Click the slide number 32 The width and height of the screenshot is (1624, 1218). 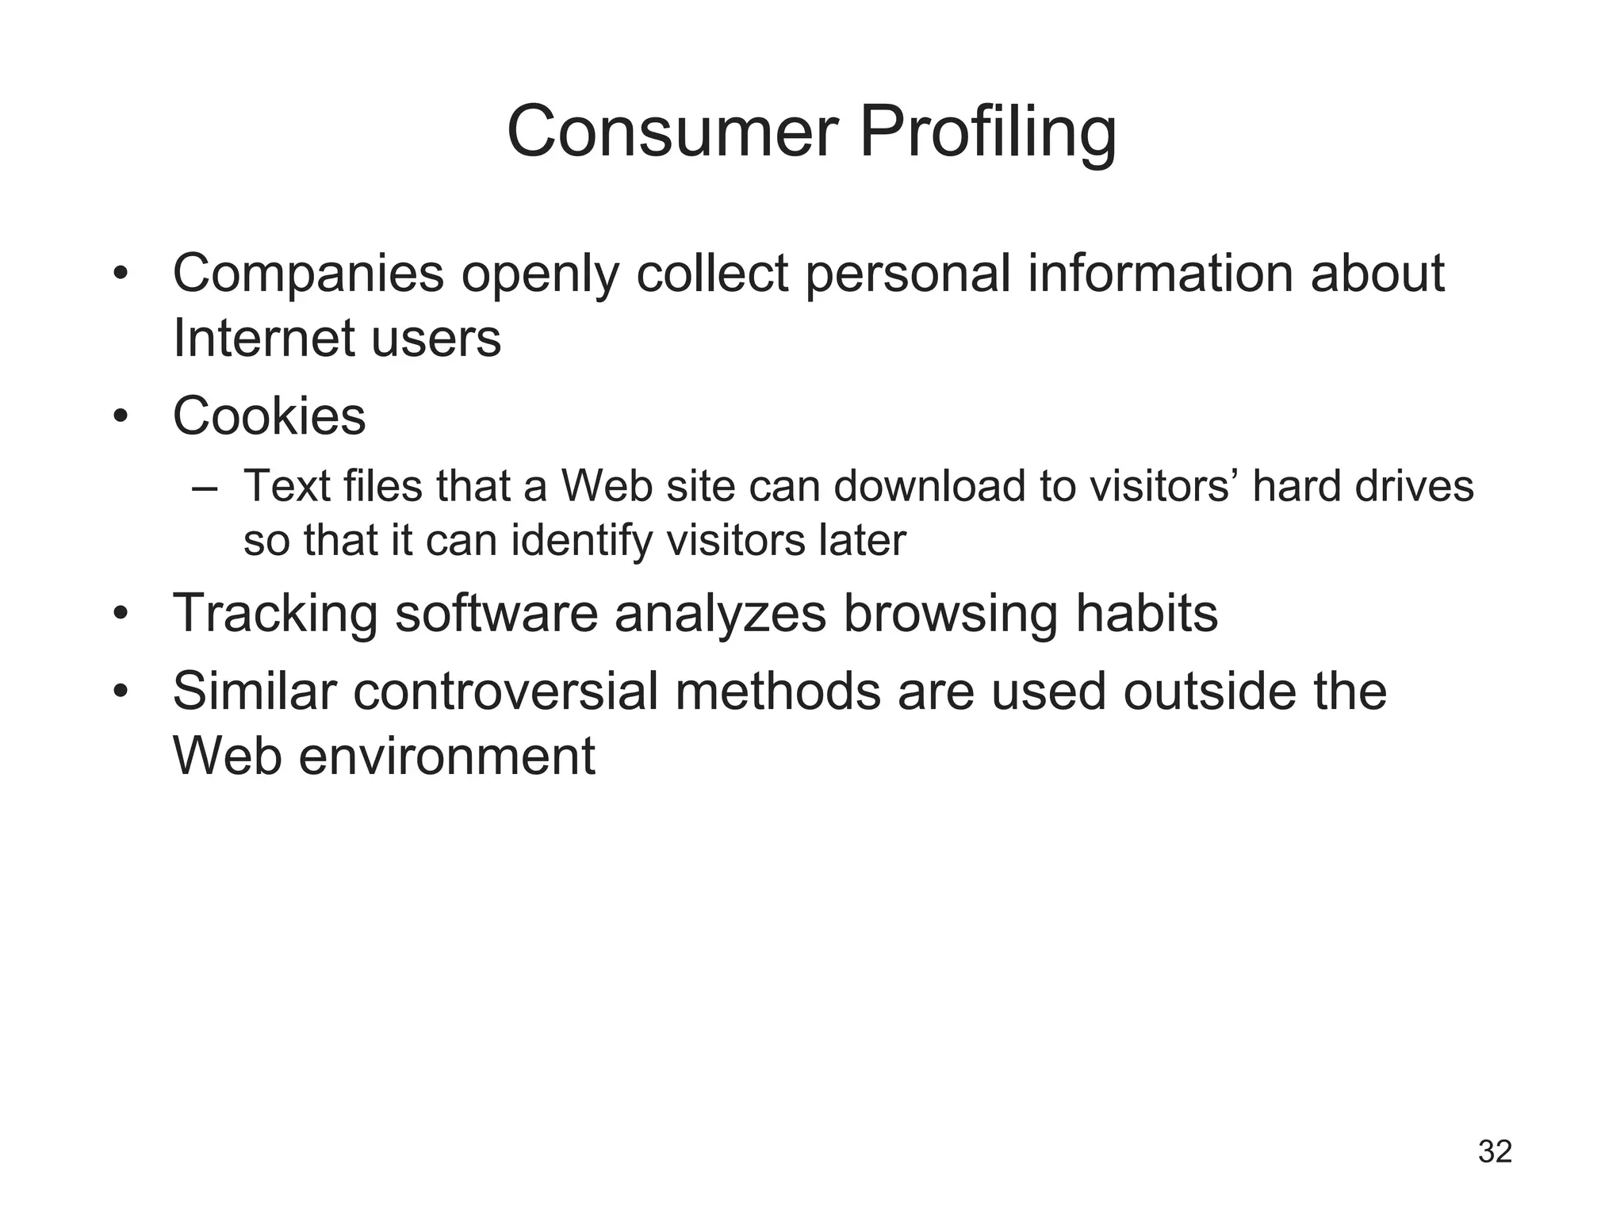click(1495, 1151)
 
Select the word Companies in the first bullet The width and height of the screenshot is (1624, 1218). click(308, 274)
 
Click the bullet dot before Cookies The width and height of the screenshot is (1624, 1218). click(121, 416)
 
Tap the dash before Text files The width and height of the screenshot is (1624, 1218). click(204, 487)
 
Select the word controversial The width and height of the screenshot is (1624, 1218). click(505, 691)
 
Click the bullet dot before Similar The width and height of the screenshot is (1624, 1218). click(121, 691)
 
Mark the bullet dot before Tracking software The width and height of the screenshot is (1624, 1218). click(121, 614)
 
